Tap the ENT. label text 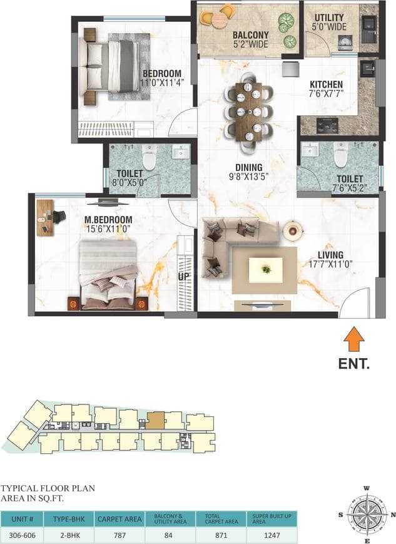(x=354, y=363)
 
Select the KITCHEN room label (x=327, y=85)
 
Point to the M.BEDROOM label (x=109, y=219)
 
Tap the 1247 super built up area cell (x=272, y=536)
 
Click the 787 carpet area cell (x=119, y=536)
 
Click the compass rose (x=367, y=514)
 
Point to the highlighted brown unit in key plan (x=155, y=419)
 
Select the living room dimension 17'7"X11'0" (x=330, y=265)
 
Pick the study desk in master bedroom (x=44, y=217)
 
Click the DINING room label (x=248, y=167)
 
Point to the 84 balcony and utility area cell (x=170, y=536)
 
